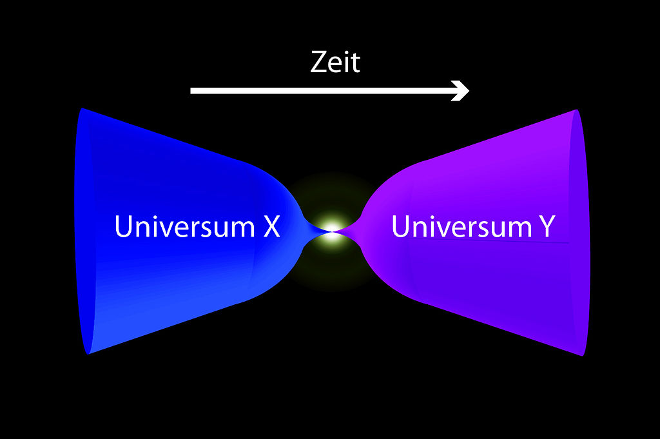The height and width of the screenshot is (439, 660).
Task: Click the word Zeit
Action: (335, 63)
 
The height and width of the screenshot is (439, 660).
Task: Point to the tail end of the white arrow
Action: (191, 90)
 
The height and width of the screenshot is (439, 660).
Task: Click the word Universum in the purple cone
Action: (462, 226)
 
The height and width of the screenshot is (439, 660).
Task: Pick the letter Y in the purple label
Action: (547, 226)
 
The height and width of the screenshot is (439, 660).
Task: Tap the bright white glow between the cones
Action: (332, 231)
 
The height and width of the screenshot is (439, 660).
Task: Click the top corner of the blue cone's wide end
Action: (82, 108)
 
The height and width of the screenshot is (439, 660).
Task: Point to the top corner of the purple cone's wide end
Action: (576, 110)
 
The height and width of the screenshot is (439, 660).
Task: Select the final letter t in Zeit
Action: (356, 63)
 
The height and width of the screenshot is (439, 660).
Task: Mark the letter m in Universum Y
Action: (521, 229)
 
